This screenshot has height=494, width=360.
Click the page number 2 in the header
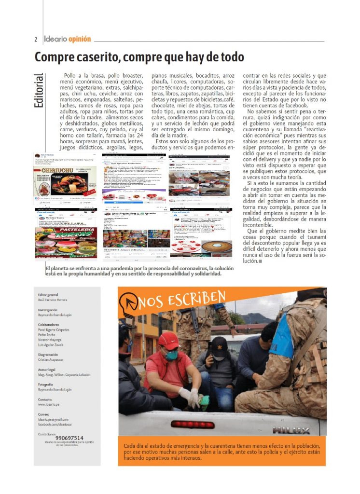click(x=36, y=39)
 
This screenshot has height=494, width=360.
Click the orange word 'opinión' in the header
click(x=80, y=39)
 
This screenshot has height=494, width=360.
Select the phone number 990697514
click(x=69, y=438)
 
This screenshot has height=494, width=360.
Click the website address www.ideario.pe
click(x=48, y=405)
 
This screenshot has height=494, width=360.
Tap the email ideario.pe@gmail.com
click(x=53, y=420)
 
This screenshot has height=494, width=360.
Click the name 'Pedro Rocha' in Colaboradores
click(x=48, y=334)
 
